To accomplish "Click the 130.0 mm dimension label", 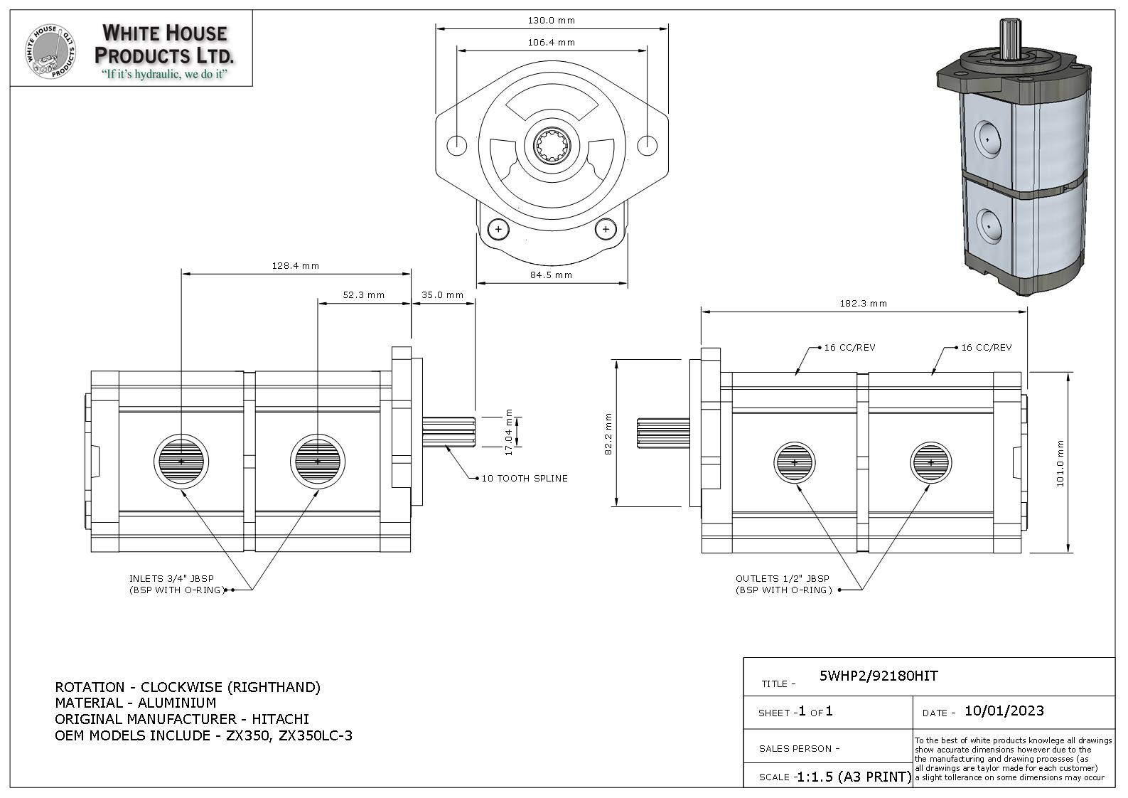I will pos(551,20).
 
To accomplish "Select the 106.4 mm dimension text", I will pos(551,42).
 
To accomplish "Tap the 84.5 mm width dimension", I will pos(551,275).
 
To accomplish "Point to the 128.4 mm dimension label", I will pos(296,265).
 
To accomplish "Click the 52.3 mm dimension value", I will pos(363,294).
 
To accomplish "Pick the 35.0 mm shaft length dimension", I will pos(442,294).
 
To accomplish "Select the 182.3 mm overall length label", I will pos(863,303).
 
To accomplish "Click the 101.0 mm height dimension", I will pos(1060,463).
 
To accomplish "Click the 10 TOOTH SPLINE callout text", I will pos(525,478).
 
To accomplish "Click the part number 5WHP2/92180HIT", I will pos(879,676).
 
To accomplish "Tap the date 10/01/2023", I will pos(1004,711).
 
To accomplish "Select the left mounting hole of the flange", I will pos(456,145).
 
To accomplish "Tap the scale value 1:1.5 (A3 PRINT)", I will pos(853,777).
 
